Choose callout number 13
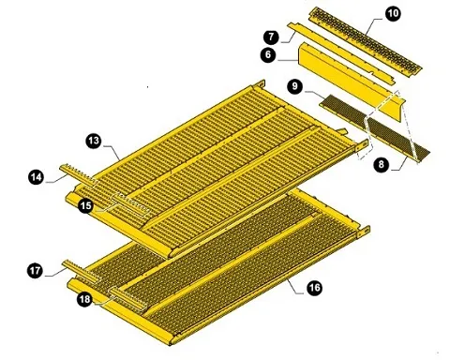point(93,140)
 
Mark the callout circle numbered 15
point(85,204)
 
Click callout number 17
point(34,272)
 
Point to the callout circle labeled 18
point(84,300)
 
